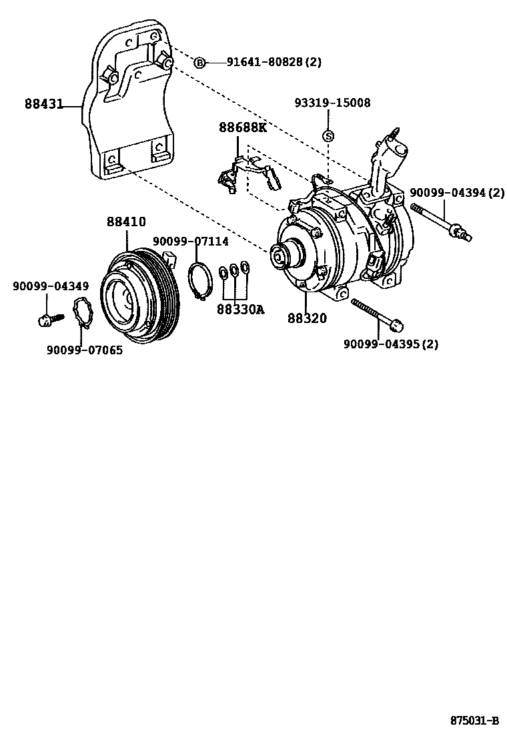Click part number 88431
point(44,104)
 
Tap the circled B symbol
point(199,63)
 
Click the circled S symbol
point(328,135)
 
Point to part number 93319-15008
point(333,103)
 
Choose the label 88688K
point(242,127)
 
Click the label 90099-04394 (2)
point(457,192)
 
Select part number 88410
point(126,222)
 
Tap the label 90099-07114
point(191,241)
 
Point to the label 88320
point(308,318)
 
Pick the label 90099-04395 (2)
point(391,344)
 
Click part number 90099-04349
point(50,286)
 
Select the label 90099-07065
point(85,349)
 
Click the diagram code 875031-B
point(474,721)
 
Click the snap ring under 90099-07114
point(199,281)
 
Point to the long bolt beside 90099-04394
point(442,221)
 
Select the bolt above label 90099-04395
point(378,314)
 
